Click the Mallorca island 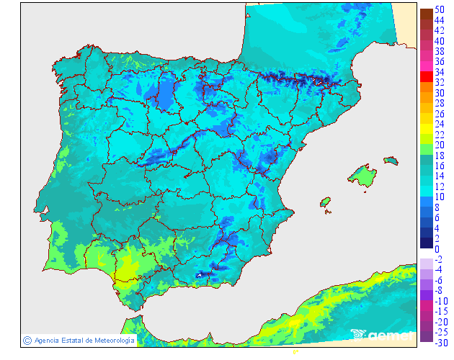click(x=362, y=175)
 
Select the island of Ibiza click(x=325, y=202)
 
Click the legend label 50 click(x=440, y=9)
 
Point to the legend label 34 click(x=440, y=72)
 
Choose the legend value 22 click(x=440, y=135)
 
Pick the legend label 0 click(x=437, y=249)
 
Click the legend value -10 click(x=440, y=301)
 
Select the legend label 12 click(x=440, y=186)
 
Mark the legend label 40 click(x=440, y=41)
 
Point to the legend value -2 click(x=439, y=259)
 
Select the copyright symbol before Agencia click(x=27, y=340)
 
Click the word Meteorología click(x=110, y=340)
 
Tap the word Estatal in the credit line click(x=66, y=340)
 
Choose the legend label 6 click(x=437, y=217)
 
